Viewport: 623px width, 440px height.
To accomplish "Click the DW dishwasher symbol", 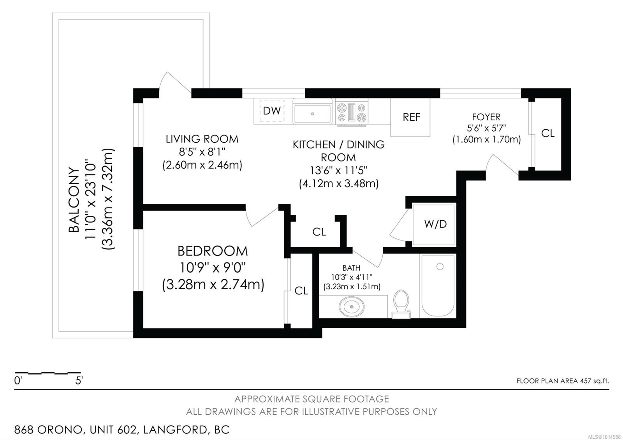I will (272, 111).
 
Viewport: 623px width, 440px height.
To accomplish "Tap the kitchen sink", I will (312, 114).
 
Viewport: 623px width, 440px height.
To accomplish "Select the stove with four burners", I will (352, 113).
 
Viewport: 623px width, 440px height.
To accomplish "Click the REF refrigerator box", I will (411, 117).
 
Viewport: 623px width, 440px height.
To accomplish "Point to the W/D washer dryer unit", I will (435, 224).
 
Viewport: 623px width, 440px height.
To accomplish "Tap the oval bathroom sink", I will (352, 306).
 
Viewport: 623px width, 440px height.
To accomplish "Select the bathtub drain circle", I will (440, 267).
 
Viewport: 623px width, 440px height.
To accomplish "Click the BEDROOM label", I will (213, 251).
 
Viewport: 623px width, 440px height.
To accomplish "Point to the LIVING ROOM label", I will (202, 139).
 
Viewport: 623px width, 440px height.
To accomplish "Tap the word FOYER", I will (486, 117).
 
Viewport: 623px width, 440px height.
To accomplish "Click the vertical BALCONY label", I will (74, 199).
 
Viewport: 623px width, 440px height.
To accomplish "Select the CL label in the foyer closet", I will (548, 134).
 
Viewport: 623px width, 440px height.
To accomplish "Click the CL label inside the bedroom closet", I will (301, 291).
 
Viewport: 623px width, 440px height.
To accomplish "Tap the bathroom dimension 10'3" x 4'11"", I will (352, 277).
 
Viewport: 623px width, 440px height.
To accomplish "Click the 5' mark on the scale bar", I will (79, 380).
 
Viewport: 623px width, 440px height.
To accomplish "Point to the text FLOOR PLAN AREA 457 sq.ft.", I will (563, 381).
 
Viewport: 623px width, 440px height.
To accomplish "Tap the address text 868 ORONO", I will (48, 430).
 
